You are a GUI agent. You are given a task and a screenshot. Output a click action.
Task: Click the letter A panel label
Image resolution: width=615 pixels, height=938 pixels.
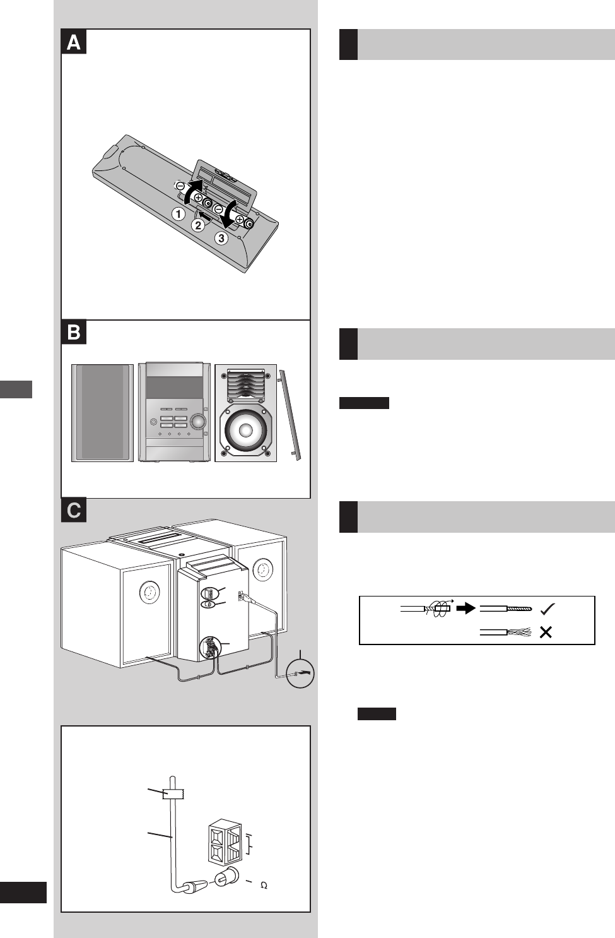tap(74, 43)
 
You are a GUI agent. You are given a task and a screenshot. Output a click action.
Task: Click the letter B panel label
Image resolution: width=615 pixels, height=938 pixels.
tap(74, 333)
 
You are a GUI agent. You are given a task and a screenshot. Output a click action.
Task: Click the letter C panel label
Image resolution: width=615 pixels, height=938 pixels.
tap(74, 510)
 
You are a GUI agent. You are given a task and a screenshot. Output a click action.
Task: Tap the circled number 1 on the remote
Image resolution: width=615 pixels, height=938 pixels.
tap(179, 214)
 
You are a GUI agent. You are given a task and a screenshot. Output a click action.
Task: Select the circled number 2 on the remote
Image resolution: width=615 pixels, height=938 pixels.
tap(199, 225)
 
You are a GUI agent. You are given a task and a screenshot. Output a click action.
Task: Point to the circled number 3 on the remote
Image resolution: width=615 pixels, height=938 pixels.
tap(221, 239)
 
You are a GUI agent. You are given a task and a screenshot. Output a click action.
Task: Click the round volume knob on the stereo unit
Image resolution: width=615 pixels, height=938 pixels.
tap(198, 421)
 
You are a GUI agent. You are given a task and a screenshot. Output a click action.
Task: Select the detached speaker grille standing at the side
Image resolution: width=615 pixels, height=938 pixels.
tap(290, 415)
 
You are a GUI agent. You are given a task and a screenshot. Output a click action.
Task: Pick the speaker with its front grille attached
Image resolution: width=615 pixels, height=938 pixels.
tap(102, 413)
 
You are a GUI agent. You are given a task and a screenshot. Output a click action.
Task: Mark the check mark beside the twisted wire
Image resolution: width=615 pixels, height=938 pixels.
tap(548, 609)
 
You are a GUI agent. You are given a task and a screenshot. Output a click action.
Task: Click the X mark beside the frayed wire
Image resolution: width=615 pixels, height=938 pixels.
tap(546, 632)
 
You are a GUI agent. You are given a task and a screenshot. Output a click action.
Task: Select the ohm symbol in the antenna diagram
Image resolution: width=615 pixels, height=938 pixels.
tap(264, 886)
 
